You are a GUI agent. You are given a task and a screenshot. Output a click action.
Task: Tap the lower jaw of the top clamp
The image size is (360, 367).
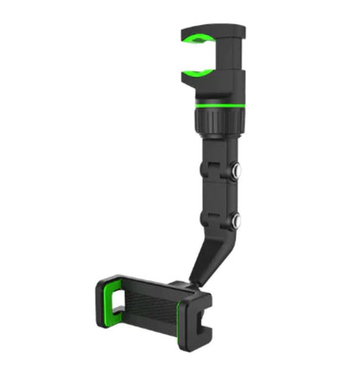pos(209,81)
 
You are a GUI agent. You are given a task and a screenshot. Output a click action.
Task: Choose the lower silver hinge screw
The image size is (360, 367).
pos(238,222)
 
